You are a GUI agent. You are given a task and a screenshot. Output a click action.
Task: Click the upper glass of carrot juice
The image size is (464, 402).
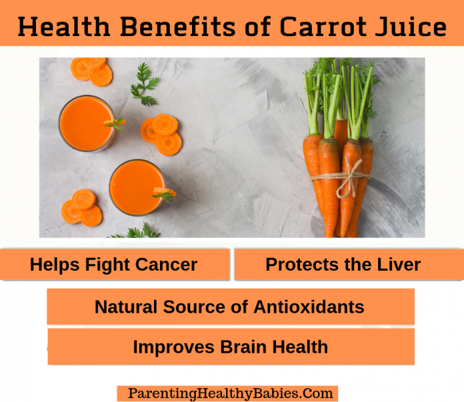(x=86, y=123)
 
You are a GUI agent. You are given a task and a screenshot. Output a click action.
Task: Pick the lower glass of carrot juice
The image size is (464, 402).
(x=136, y=187)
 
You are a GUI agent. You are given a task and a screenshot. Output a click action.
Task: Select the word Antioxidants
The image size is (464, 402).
(x=308, y=307)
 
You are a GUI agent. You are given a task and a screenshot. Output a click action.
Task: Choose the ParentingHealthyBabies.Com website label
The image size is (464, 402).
(x=227, y=393)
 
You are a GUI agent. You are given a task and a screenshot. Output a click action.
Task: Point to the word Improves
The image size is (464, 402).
(x=167, y=347)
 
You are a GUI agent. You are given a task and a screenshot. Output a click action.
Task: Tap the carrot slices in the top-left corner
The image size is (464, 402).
(x=92, y=70)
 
